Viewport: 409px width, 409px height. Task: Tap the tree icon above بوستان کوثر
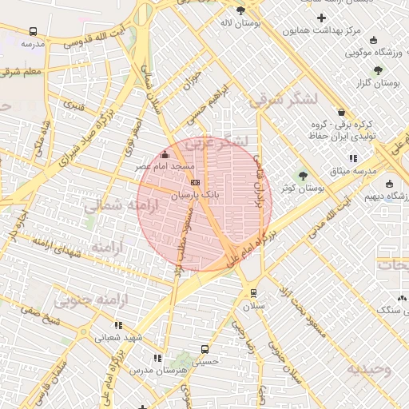[302, 176]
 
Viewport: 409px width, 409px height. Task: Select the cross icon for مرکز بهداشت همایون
[321, 18]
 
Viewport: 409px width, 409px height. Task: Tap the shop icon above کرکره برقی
[342, 113]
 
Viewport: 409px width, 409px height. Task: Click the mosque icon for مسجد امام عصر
[165, 154]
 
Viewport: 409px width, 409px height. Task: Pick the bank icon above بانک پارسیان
[196, 182]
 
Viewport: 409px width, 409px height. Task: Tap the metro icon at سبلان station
[253, 293]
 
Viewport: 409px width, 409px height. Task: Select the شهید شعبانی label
[119, 337]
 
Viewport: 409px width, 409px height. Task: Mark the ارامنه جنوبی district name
[85, 300]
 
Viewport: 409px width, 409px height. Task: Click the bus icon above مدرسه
[33, 31]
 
